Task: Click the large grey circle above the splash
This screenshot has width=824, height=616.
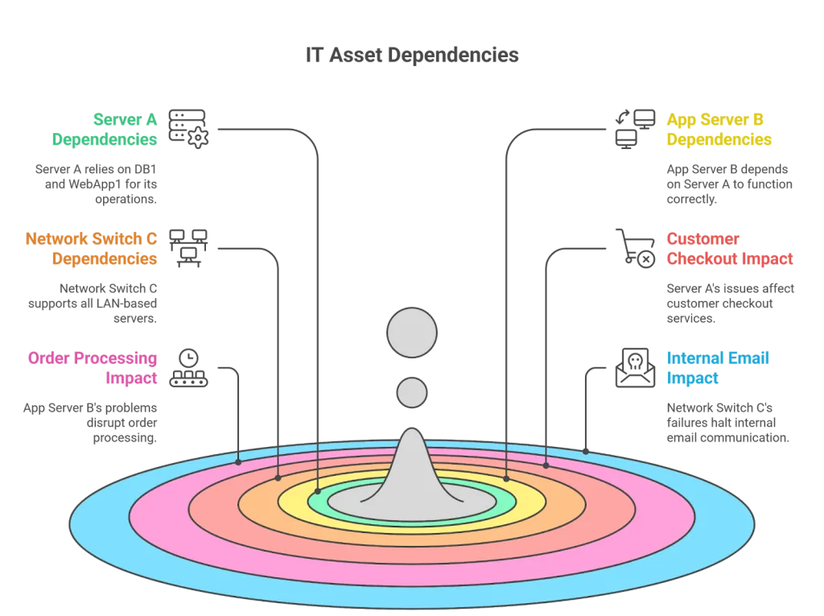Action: (412, 333)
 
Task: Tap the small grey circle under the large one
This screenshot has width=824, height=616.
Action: (412, 393)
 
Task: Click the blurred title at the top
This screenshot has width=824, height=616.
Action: (412, 56)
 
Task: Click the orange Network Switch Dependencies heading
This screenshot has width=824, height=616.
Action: (92, 249)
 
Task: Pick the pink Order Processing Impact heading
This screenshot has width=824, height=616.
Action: (93, 368)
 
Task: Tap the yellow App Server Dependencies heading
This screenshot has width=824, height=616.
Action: (719, 130)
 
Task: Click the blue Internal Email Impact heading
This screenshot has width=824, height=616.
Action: (719, 368)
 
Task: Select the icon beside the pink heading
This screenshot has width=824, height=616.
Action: (191, 370)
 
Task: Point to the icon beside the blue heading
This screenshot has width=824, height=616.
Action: (632, 366)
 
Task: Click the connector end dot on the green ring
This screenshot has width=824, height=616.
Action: (318, 490)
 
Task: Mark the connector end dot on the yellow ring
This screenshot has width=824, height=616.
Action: (507, 479)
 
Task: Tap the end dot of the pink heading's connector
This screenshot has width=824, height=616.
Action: (238, 462)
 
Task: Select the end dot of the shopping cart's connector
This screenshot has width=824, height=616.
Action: (546, 465)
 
